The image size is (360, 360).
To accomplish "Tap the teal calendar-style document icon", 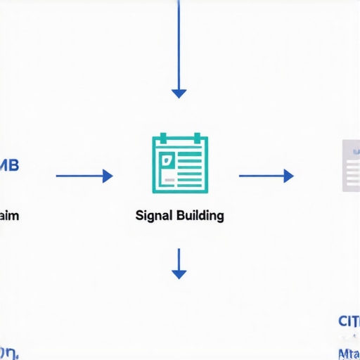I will (x=180, y=164).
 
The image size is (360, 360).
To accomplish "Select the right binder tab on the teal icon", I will (x=198, y=136).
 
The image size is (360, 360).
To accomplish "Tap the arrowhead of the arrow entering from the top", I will (x=179, y=93).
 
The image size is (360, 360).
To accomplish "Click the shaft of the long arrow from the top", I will (x=179, y=42).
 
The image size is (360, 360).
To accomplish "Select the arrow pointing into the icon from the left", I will (x=83, y=176).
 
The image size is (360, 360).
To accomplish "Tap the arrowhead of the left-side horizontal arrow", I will (x=108, y=176).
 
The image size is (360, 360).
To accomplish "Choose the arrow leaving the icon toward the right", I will (x=265, y=176).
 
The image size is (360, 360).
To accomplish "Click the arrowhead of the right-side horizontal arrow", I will (x=288, y=176).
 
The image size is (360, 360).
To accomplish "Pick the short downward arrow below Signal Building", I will (x=179, y=264).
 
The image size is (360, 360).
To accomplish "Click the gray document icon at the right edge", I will (x=351, y=165).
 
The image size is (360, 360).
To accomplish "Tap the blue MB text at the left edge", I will (x=10, y=166).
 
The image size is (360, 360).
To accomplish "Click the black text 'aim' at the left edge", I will (x=9, y=215).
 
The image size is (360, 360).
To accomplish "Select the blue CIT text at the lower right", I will (x=349, y=321).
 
